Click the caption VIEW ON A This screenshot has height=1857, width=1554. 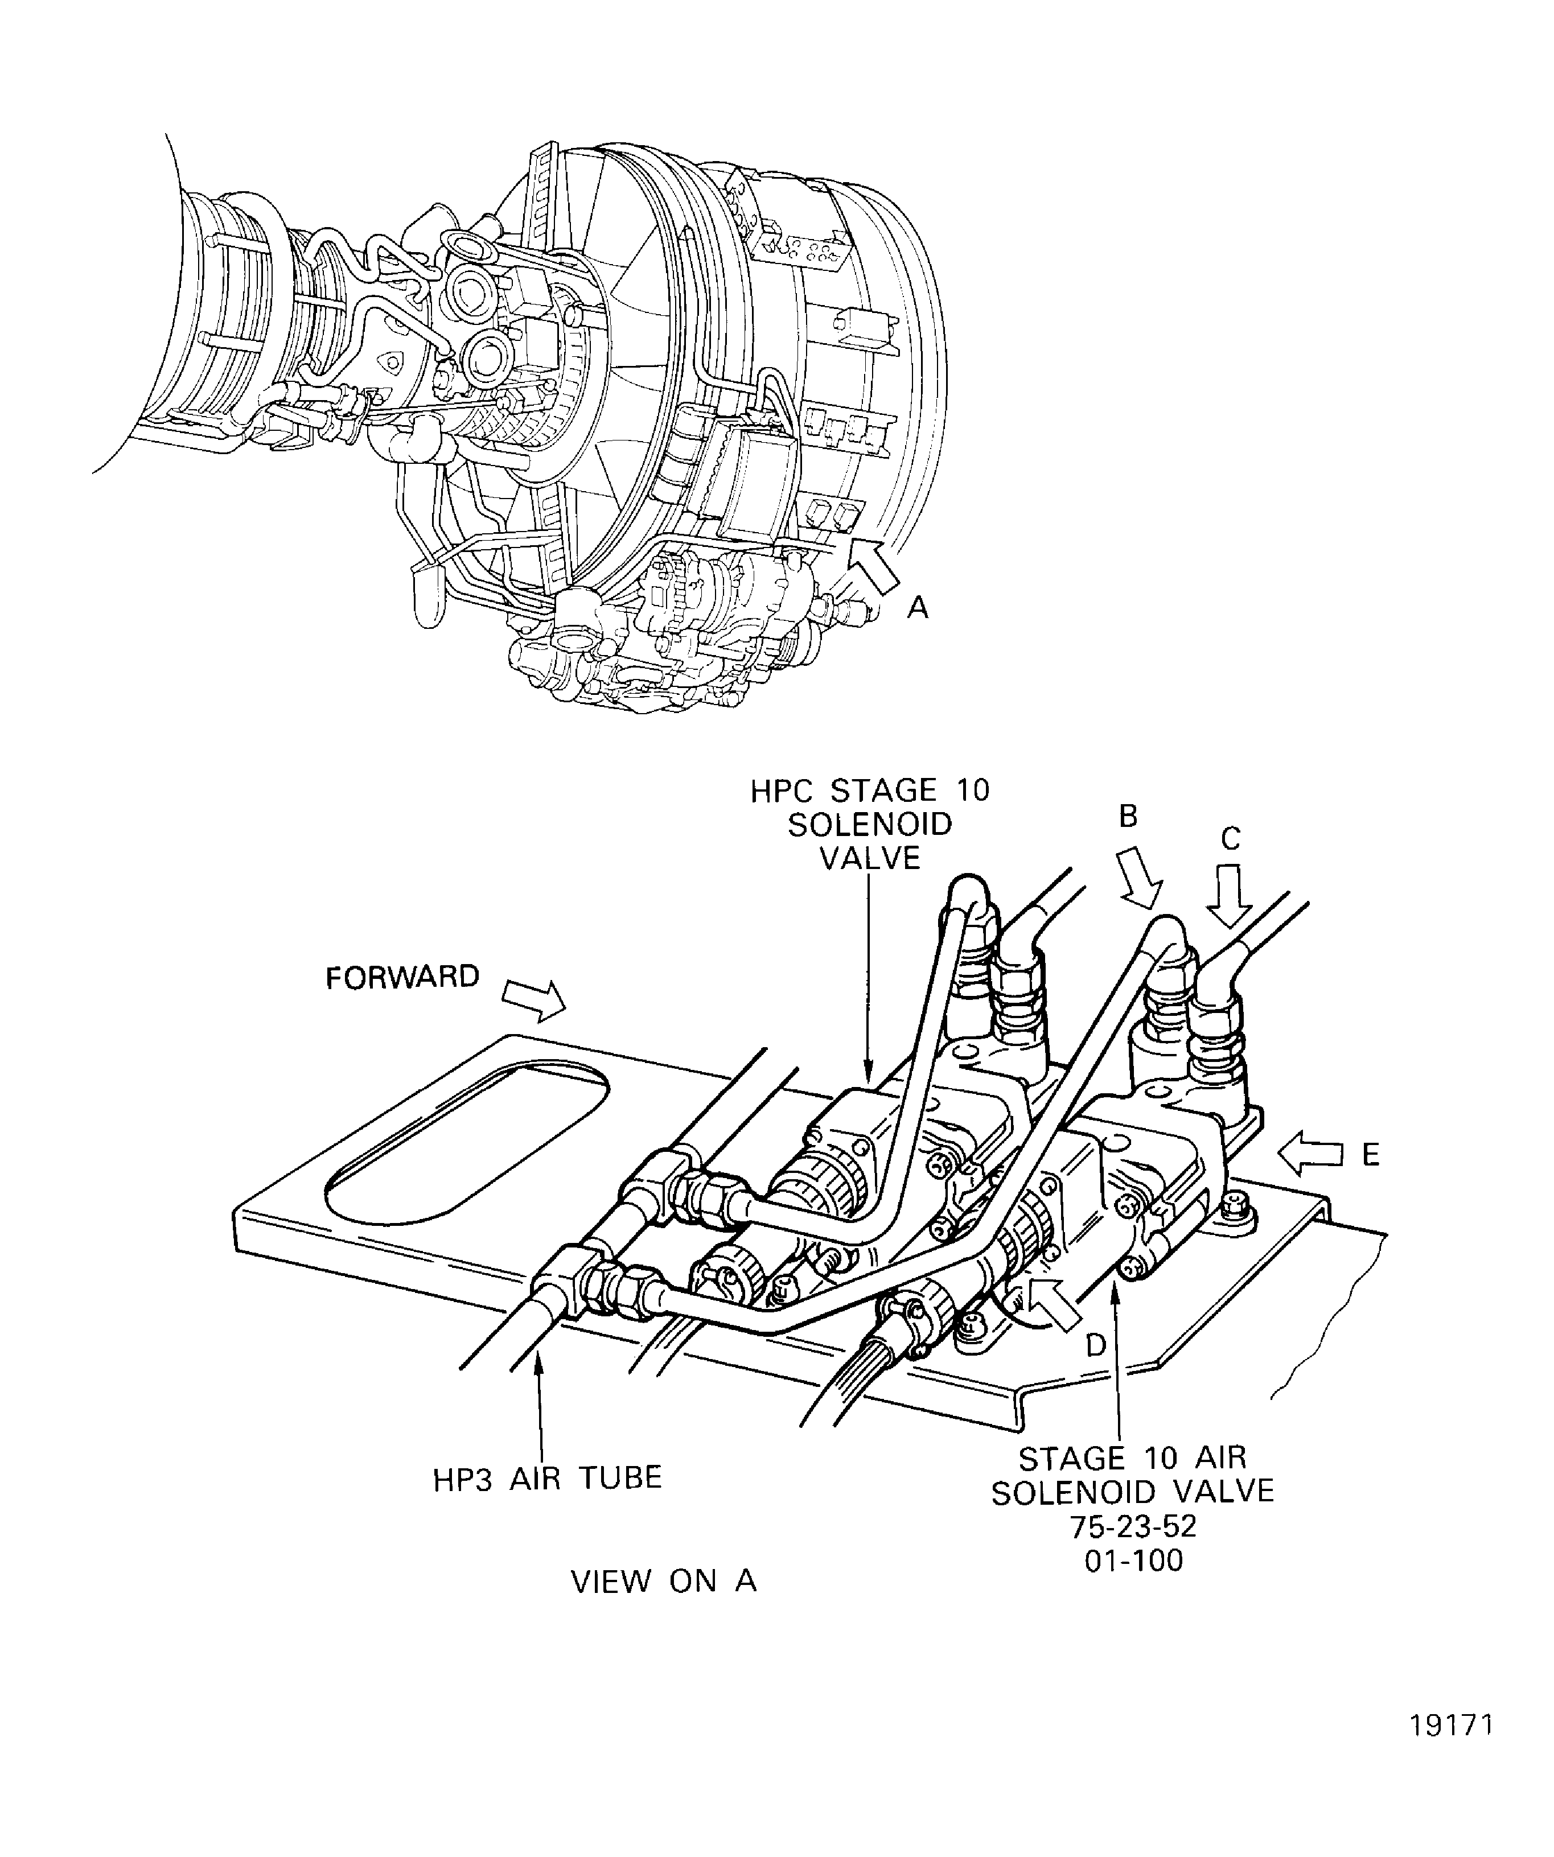663,1582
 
